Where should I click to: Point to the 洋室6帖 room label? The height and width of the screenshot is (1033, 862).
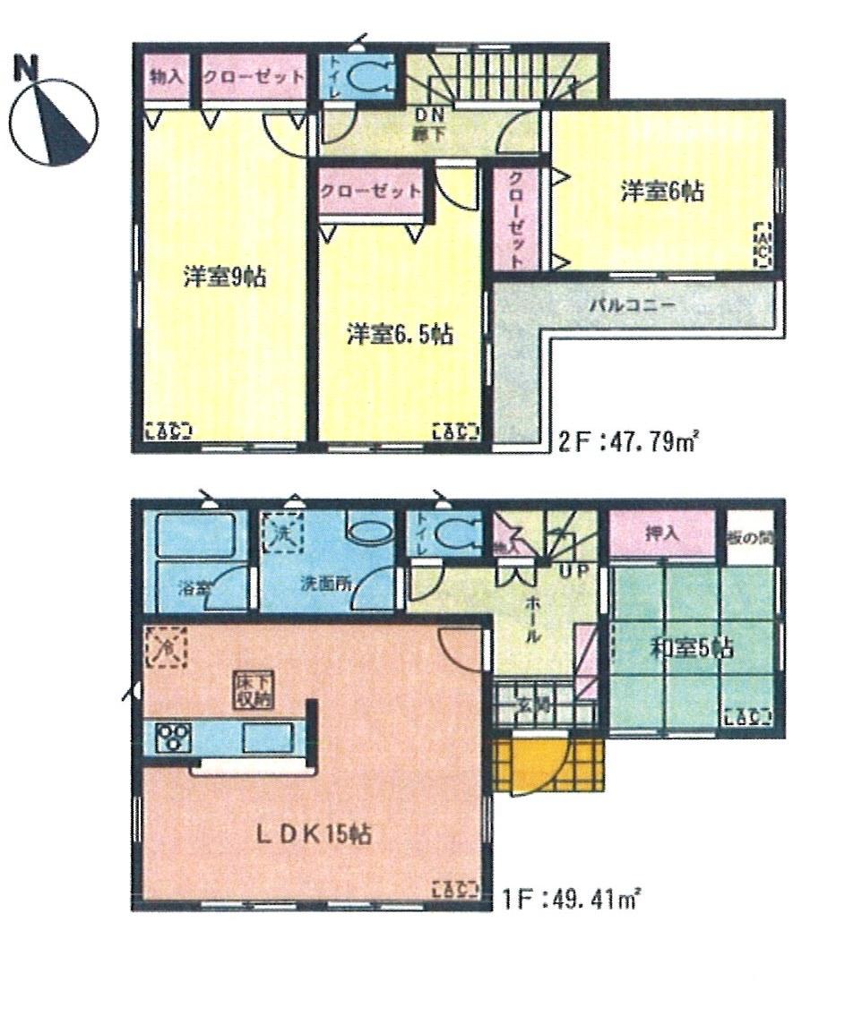click(661, 191)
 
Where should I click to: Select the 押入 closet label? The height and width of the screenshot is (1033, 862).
click(662, 534)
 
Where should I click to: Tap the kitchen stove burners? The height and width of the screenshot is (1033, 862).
click(171, 738)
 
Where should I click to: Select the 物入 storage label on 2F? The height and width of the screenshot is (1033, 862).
click(167, 77)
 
